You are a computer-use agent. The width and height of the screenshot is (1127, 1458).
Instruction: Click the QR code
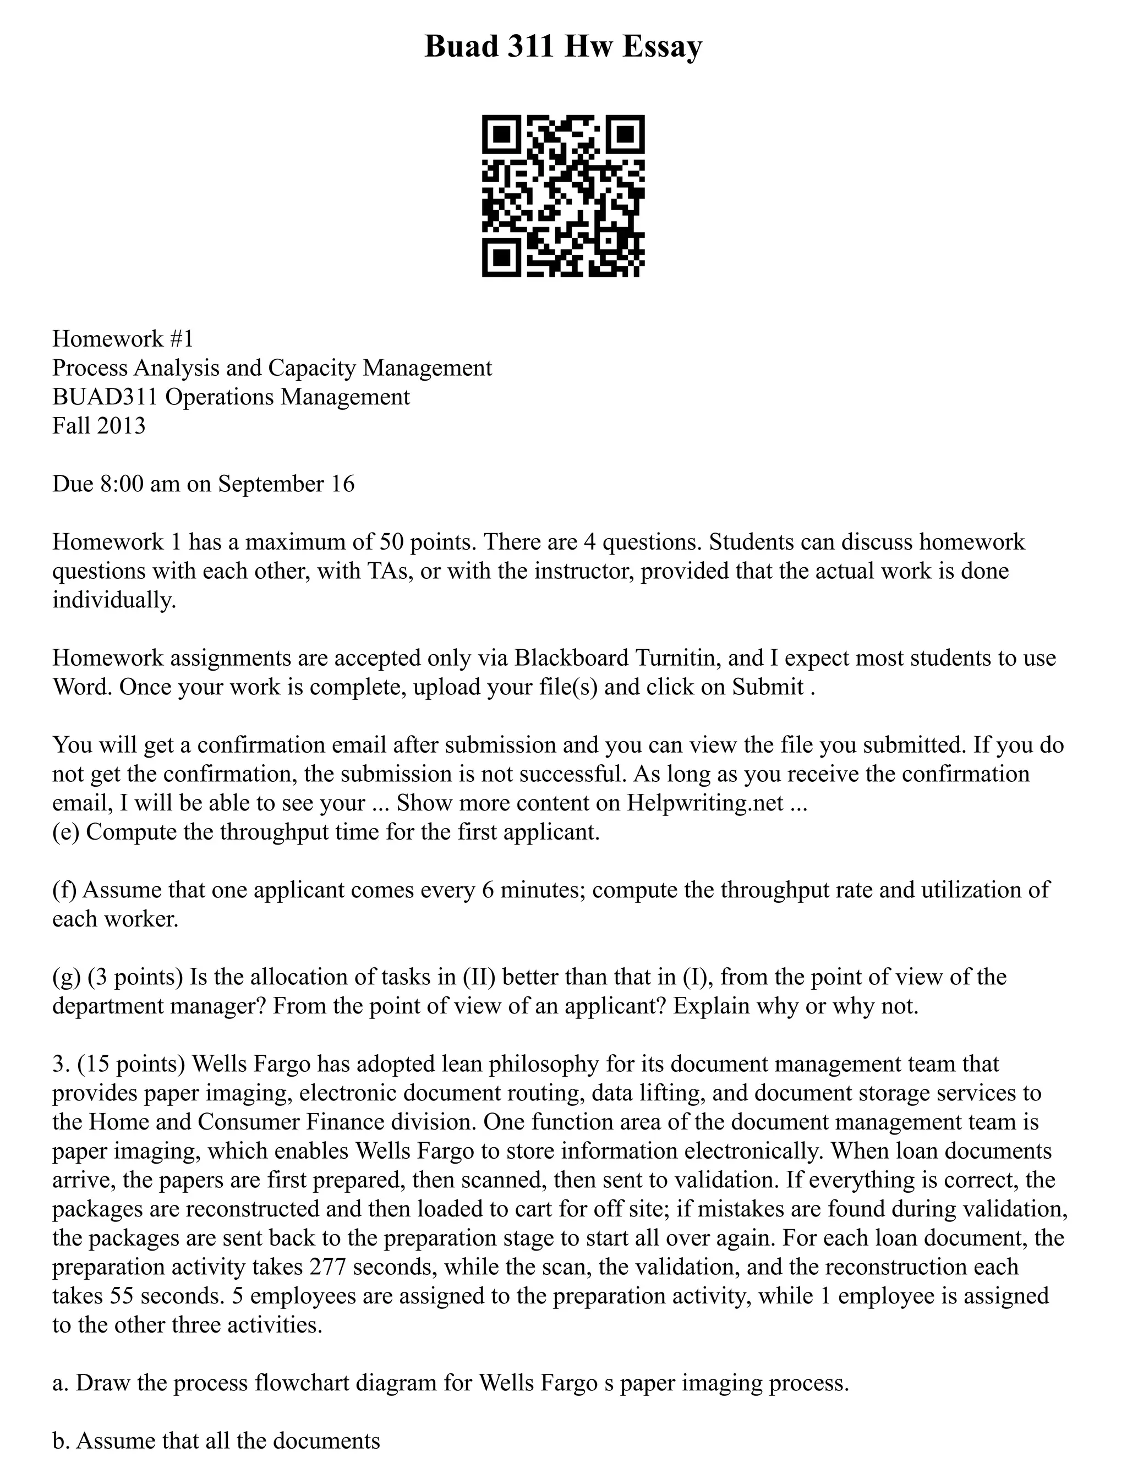click(563, 196)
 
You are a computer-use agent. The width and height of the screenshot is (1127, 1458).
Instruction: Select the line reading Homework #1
click(123, 338)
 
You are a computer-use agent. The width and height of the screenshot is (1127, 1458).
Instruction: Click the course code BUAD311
click(105, 397)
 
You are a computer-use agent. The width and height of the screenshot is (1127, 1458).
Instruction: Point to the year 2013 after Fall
click(121, 426)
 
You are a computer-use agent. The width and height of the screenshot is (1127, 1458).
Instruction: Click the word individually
click(114, 600)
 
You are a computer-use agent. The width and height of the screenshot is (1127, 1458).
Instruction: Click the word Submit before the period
click(768, 687)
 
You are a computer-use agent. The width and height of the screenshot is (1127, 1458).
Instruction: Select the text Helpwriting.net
click(705, 803)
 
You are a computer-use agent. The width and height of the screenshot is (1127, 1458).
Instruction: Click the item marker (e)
click(66, 832)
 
